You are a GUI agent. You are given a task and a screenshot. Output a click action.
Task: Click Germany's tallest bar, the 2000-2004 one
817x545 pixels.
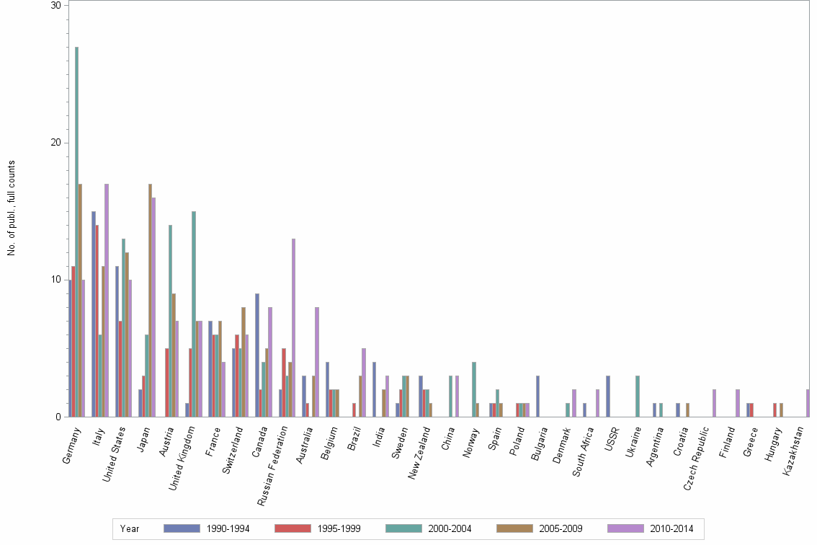tap(77, 231)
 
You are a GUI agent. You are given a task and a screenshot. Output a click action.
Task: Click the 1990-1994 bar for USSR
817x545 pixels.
tap(608, 396)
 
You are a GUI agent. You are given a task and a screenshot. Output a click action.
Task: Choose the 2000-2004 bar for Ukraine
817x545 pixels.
tap(638, 396)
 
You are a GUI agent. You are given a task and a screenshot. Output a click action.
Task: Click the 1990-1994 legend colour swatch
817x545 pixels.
tap(182, 528)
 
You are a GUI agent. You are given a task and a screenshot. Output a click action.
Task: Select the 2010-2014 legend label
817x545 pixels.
tap(672, 528)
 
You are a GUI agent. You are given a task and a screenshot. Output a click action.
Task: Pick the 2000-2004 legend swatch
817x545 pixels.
tap(403, 528)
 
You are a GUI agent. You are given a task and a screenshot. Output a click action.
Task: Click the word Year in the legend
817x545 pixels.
tap(130, 528)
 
